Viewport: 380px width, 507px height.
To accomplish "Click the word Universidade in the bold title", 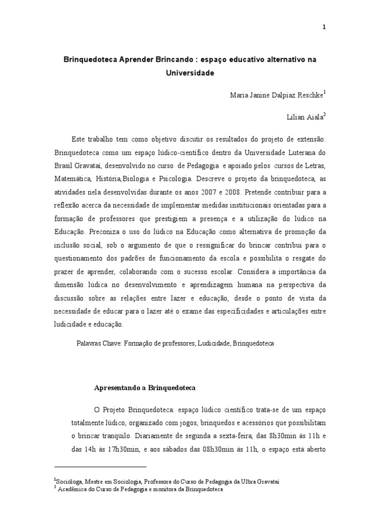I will [x=190, y=73].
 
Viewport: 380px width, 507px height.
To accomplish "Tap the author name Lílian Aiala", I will [x=305, y=117].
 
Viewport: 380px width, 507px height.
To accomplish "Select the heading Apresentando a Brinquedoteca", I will [x=145, y=388].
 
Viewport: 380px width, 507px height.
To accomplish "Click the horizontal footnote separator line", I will [x=100, y=466].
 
